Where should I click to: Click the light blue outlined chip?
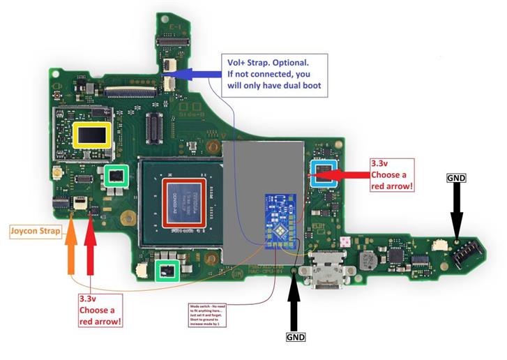(324, 173)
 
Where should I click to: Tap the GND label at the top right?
(456, 178)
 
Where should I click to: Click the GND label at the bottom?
(295, 337)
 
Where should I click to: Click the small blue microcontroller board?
(281, 219)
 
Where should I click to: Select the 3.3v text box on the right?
(392, 175)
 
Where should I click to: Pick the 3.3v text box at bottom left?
(102, 309)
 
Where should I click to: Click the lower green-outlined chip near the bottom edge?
(168, 270)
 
